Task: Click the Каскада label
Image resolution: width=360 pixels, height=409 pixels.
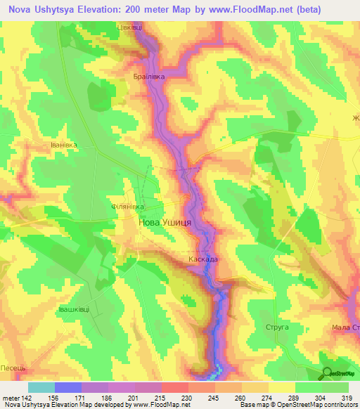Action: click(x=202, y=260)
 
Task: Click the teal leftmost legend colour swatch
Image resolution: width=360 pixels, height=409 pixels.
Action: click(x=41, y=387)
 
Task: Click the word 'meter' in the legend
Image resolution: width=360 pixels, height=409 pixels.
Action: click(x=11, y=397)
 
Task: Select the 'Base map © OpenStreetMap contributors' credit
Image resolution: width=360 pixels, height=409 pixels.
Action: click(x=295, y=405)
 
